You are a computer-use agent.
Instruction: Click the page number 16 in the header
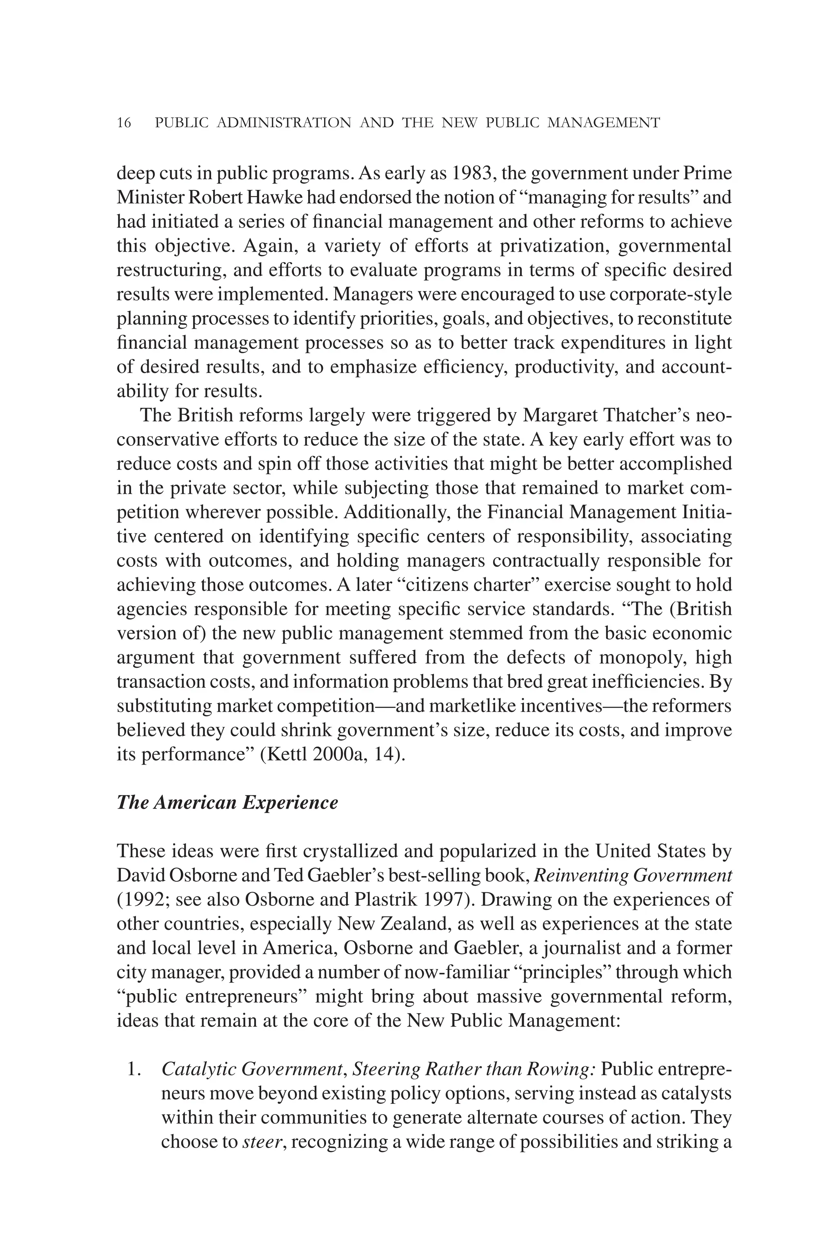[x=124, y=123]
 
